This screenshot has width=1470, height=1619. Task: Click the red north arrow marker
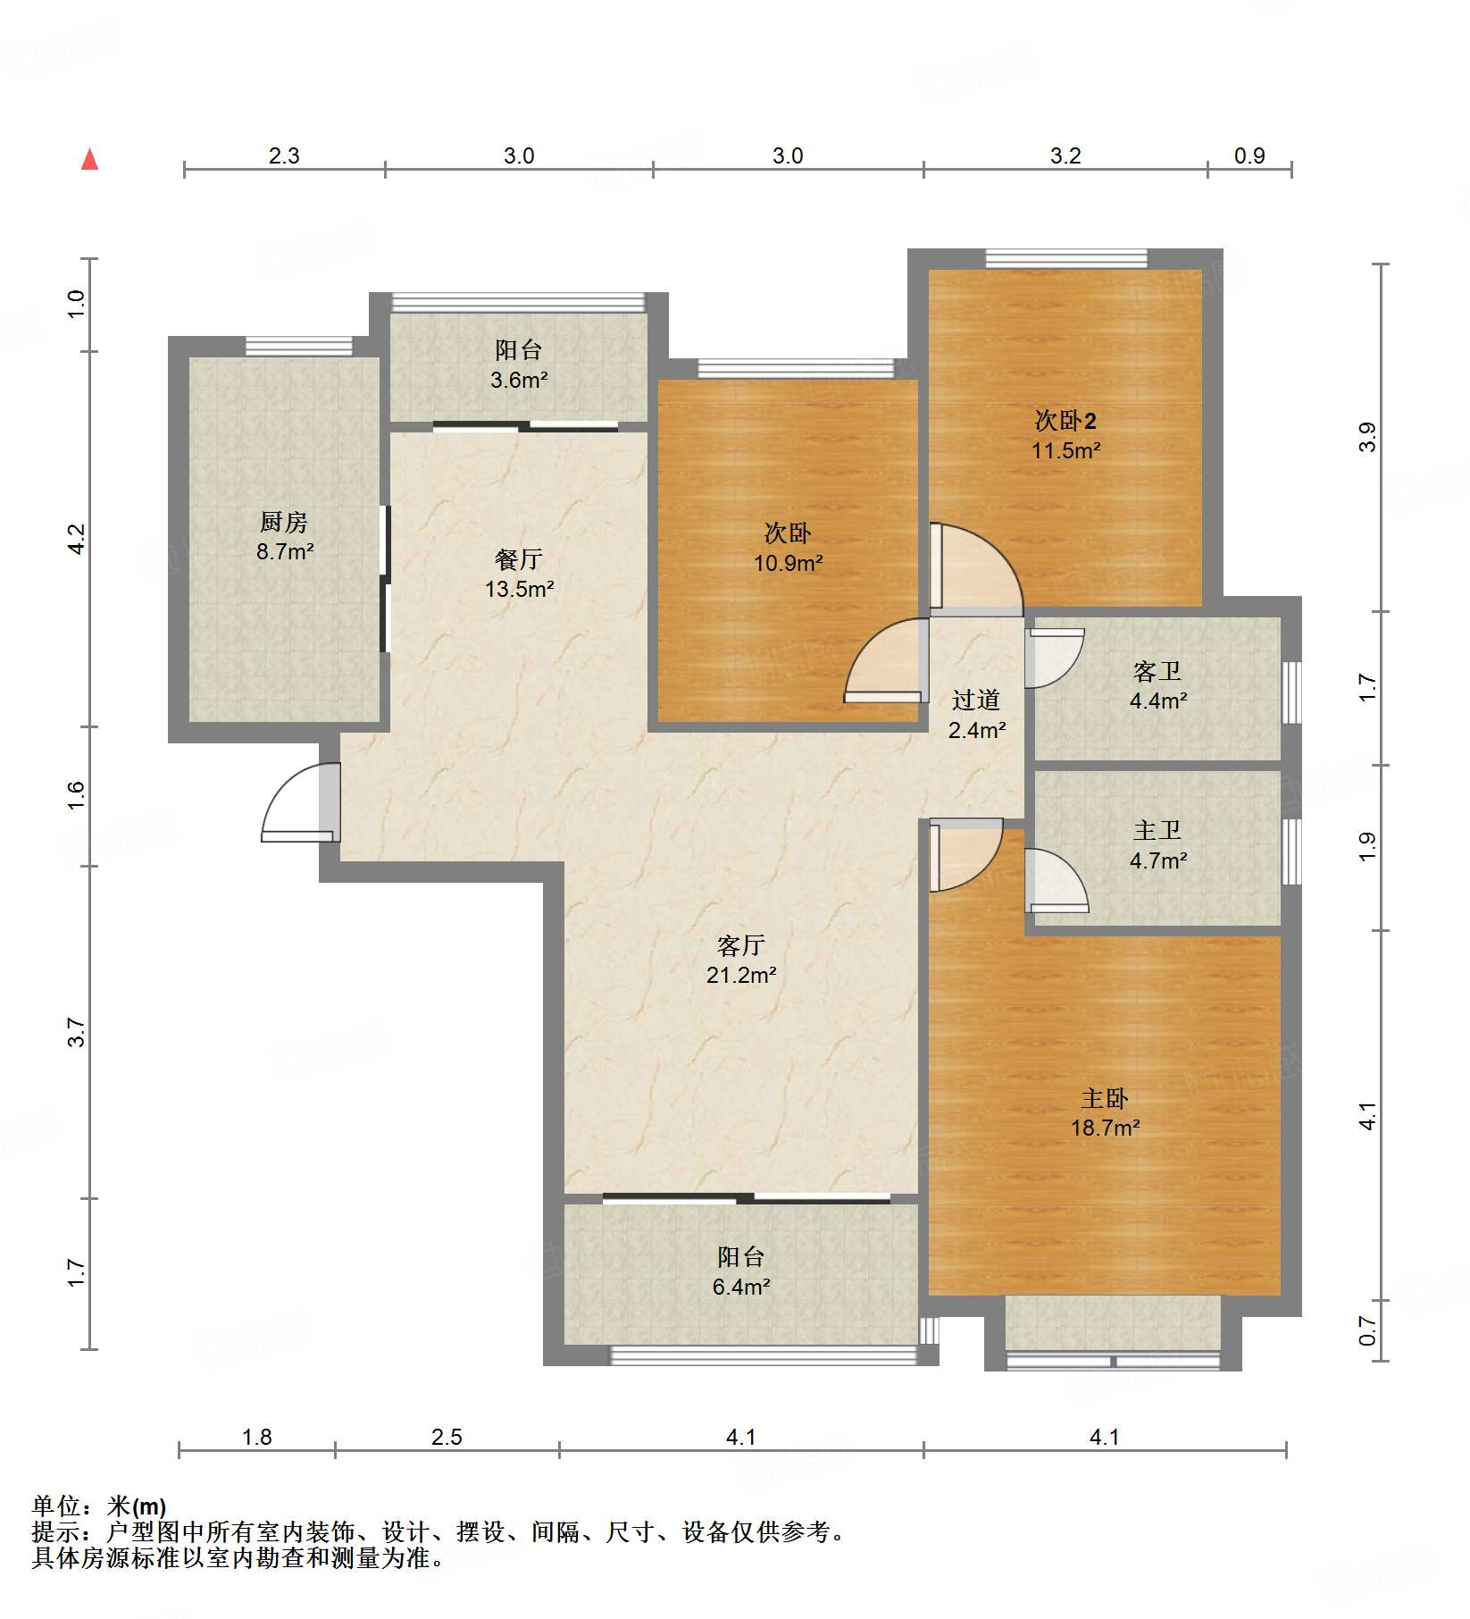point(89,159)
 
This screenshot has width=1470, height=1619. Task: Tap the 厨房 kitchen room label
point(284,522)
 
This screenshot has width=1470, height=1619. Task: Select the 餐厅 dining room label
point(519,559)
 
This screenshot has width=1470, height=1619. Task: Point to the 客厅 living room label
point(741,945)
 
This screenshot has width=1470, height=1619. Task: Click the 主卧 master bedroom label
point(1105,1098)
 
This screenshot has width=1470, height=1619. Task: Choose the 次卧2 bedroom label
point(1065,420)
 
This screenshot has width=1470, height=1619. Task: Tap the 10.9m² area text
point(788,563)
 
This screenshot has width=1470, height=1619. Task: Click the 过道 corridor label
point(976,700)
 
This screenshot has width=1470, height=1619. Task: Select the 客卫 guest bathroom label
point(1157,671)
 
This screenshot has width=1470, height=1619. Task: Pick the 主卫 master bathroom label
point(1157,831)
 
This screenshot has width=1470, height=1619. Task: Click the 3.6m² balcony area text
point(519,380)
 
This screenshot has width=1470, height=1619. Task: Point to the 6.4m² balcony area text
point(741,1287)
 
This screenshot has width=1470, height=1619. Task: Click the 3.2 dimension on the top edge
point(1065,156)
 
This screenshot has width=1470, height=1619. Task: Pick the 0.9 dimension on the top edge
point(1249,156)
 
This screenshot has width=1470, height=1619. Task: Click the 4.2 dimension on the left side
point(77,539)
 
